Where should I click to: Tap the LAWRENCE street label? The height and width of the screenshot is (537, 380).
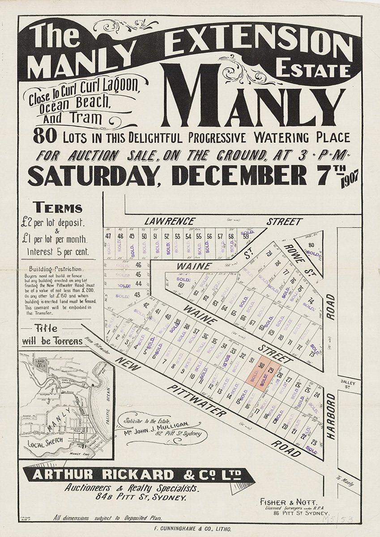(170, 221)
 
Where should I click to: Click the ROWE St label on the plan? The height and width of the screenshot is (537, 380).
(296, 253)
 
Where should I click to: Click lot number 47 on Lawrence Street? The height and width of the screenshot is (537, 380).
(108, 236)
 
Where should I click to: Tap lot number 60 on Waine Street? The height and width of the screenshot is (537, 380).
(181, 285)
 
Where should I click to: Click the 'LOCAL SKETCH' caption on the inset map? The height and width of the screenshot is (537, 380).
(44, 445)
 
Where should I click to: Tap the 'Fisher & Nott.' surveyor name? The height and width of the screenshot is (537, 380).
(282, 502)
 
